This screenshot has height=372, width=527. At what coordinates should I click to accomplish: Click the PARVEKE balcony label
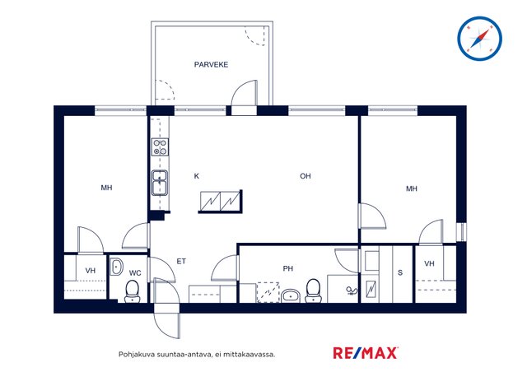(211, 64)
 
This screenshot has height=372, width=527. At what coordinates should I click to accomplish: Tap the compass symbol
(479, 39)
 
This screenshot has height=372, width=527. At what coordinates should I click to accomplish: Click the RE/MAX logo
(366, 353)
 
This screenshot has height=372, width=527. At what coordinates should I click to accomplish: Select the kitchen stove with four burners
(160, 147)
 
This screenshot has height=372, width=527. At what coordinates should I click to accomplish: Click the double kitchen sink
(160, 183)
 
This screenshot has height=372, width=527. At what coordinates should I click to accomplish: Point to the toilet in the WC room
(132, 291)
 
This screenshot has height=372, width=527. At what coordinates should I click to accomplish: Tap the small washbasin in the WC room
(117, 267)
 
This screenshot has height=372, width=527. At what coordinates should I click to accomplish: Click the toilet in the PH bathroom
(313, 291)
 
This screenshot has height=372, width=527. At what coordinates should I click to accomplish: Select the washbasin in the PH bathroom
(291, 295)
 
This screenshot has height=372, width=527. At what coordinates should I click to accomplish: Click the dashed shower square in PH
(268, 292)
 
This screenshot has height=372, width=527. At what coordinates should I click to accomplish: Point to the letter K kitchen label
(197, 176)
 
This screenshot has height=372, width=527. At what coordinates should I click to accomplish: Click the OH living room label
(305, 176)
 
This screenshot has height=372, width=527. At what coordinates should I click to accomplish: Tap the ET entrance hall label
(181, 261)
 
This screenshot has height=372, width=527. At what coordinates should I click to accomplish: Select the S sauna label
(400, 272)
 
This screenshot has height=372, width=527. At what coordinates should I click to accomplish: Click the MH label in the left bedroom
(106, 188)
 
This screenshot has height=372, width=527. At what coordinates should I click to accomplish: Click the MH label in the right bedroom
(412, 188)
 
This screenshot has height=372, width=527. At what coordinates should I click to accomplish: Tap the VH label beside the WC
(91, 271)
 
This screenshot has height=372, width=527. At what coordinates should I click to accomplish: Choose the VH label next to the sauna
(429, 263)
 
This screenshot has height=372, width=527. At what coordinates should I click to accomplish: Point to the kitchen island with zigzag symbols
(221, 202)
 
